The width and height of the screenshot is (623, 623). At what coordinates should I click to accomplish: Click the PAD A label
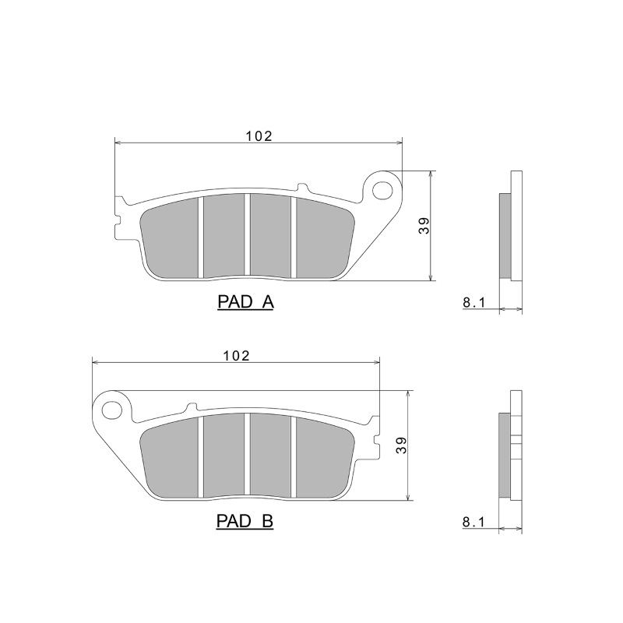tap(245, 303)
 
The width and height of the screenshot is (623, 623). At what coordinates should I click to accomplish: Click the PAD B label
tap(245, 521)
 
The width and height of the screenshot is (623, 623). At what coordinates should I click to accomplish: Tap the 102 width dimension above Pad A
tap(259, 136)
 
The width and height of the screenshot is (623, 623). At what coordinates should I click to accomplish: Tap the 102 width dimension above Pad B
tap(235, 355)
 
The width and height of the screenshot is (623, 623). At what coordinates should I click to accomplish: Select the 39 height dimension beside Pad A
tap(424, 226)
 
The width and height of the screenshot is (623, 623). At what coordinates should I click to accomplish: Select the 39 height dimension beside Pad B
tap(401, 445)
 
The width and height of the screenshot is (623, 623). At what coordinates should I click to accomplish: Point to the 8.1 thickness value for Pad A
tap(474, 302)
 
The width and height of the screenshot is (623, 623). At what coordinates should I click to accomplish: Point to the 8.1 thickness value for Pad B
tap(474, 522)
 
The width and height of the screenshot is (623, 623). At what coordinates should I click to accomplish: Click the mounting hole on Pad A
tap(383, 189)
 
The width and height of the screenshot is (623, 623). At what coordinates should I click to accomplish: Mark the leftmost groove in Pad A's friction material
tap(201, 237)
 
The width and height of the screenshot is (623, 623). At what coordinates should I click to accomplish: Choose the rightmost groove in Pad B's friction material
tap(294, 456)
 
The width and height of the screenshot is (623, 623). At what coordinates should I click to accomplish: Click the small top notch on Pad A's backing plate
tap(301, 187)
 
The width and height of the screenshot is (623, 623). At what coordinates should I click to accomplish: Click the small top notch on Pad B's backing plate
tap(192, 407)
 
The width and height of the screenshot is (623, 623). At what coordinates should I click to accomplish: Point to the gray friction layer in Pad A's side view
tap(505, 235)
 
